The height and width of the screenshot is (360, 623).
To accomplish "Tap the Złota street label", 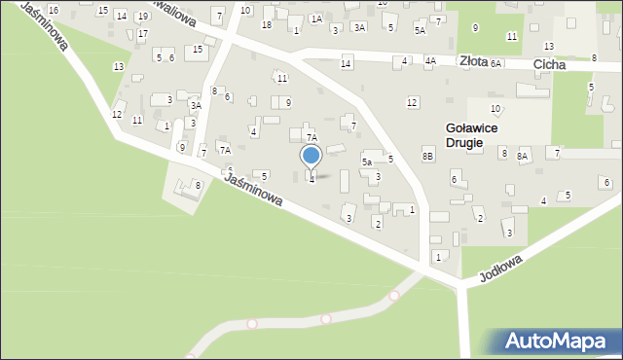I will (x=473, y=60).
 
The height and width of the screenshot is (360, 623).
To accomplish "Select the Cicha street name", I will (x=551, y=64).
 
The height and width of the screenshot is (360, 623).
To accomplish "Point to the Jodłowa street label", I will (x=501, y=269).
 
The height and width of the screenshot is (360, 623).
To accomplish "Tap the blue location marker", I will (x=311, y=156).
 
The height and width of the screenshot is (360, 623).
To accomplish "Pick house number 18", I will (x=266, y=24).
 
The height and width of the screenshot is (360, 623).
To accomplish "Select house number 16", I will (x=53, y=10).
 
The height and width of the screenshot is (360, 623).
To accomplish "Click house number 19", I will (x=142, y=17).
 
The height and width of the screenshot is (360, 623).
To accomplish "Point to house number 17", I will (x=142, y=34).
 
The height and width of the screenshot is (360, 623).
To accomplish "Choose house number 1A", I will (x=315, y=18).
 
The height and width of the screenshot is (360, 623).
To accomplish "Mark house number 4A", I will (x=429, y=61).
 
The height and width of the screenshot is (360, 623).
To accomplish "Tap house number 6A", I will (x=495, y=63).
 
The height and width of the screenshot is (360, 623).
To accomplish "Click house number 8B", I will (x=427, y=156).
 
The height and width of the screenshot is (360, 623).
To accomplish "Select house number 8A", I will (x=522, y=156).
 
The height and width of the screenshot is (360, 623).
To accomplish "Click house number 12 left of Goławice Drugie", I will (x=412, y=102).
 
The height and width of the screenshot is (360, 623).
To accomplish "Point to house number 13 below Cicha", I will (x=549, y=47).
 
